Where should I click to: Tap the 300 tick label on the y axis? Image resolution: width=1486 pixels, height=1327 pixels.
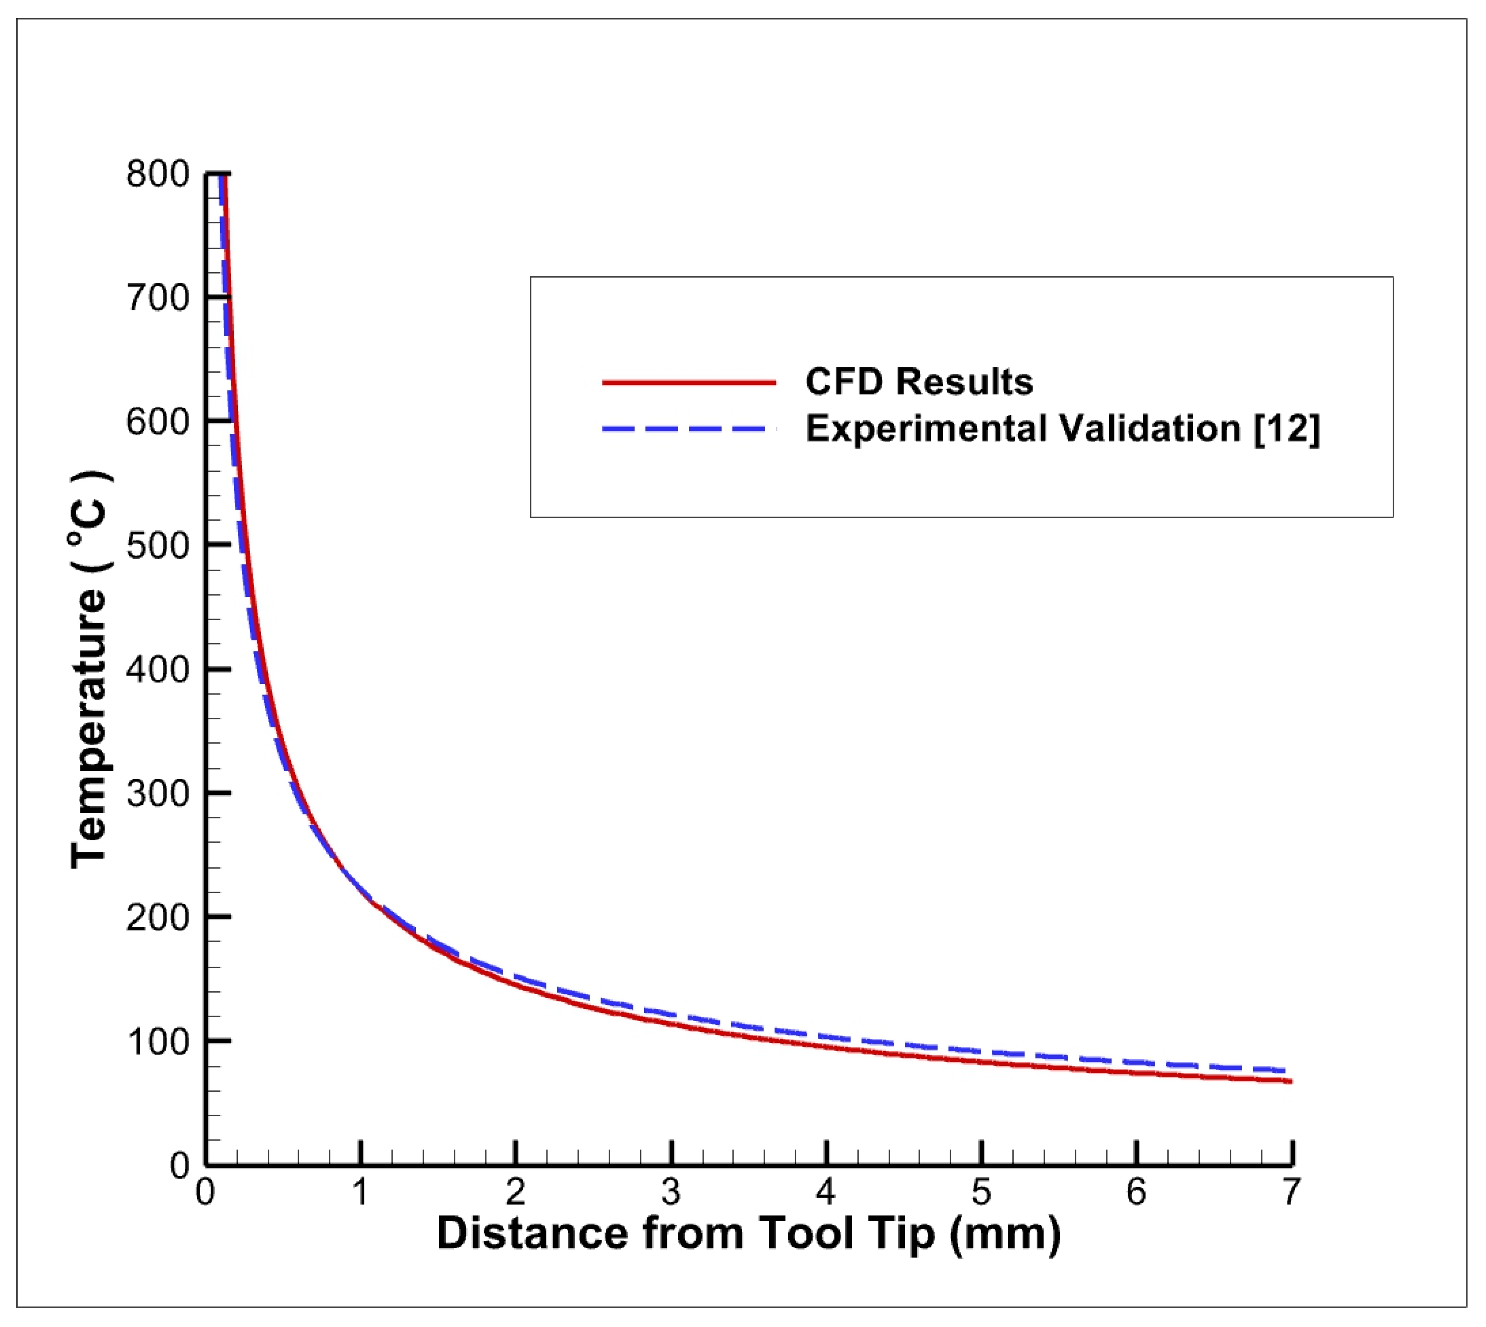(157, 793)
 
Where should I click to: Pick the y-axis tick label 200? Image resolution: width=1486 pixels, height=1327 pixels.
(157, 917)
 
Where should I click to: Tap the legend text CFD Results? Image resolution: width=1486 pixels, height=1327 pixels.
(919, 382)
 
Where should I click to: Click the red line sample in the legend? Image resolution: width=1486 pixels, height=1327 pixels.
(688, 382)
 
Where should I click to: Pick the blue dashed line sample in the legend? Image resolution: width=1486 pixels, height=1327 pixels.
(688, 429)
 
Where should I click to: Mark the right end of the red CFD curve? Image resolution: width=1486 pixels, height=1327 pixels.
(1290, 1081)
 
